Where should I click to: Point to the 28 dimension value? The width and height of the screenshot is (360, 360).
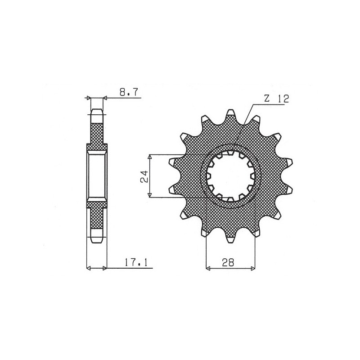(228, 263)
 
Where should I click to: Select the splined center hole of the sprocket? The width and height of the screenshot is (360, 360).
(231, 175)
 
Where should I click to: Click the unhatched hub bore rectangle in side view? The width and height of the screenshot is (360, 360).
(97, 175)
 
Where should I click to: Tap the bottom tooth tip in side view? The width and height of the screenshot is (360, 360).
(97, 239)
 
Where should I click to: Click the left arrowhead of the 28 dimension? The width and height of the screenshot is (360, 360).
(208, 269)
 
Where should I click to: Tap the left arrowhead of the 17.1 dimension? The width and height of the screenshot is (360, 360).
(88, 269)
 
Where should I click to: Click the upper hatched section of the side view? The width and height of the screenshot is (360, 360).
(97, 133)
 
